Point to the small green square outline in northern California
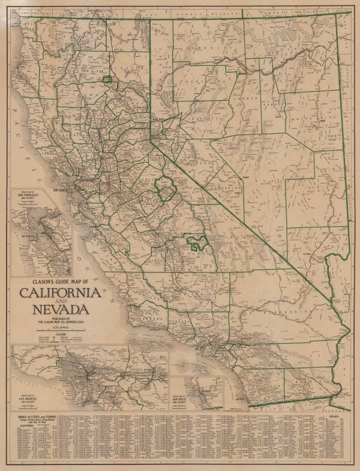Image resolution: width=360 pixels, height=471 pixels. click(x=107, y=79)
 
